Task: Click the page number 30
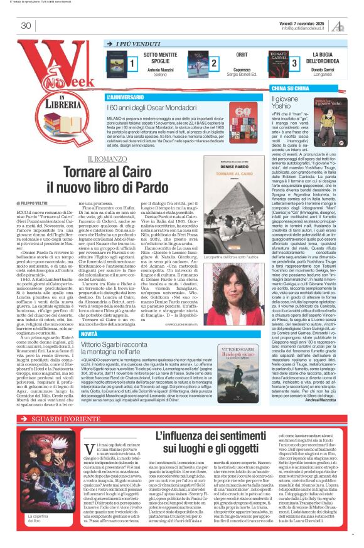coord(26,26)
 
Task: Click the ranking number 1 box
coord(132,63)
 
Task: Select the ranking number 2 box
coord(214,63)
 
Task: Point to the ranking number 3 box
coord(294,63)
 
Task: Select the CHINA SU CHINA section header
coord(291,89)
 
